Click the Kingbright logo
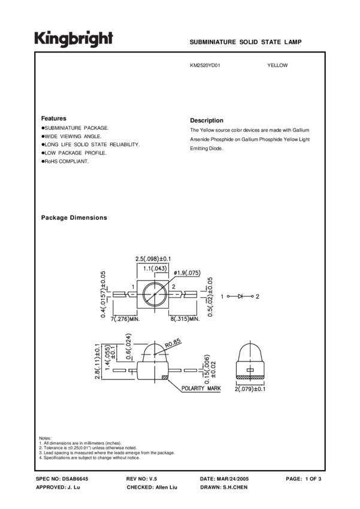[73, 39]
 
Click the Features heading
[53, 119]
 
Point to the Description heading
[206, 120]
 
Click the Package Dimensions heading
[74, 218]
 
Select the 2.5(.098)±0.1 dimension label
[153, 259]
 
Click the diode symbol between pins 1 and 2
[241, 296]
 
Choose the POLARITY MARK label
[201, 389]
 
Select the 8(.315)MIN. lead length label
[184, 320]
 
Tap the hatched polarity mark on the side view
[163, 377]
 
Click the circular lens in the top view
[154, 296]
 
